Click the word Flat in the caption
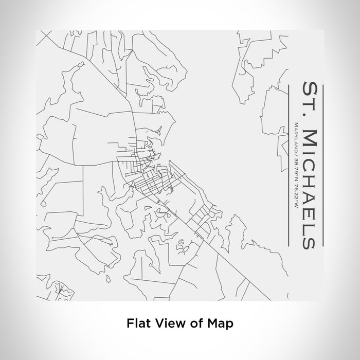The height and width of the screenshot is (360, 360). click(137, 323)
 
